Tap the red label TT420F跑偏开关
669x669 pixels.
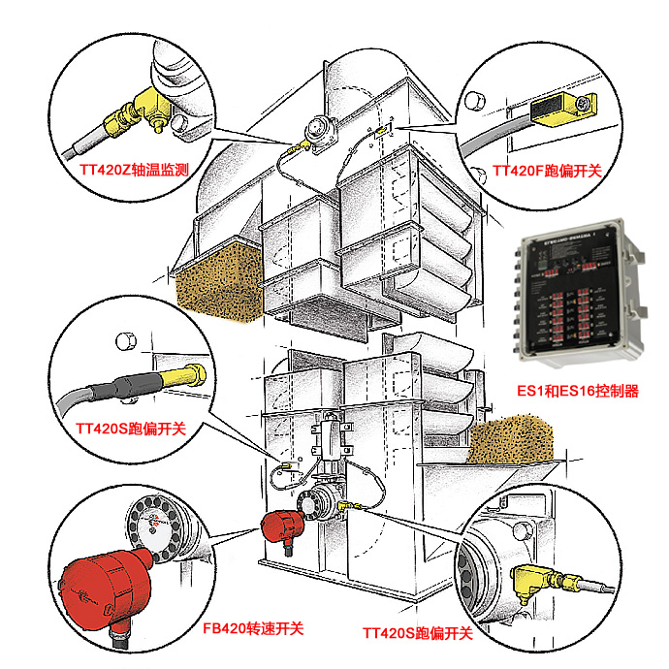(547, 172)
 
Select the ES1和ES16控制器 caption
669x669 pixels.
(579, 392)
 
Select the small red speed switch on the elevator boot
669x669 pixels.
(282, 529)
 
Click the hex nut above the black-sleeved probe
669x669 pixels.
(124, 340)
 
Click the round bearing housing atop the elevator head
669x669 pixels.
(317, 130)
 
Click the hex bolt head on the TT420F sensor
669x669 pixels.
(583, 103)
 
